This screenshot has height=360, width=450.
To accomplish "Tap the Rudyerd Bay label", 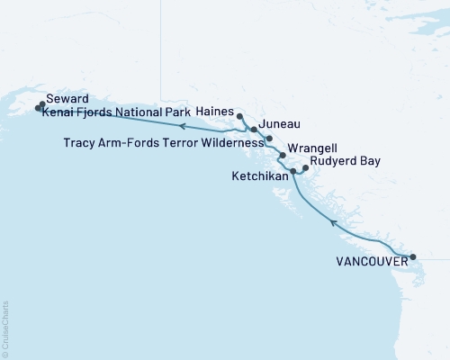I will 344,162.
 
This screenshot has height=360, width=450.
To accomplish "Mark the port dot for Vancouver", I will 413,257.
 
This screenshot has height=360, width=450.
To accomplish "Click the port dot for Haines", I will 239,116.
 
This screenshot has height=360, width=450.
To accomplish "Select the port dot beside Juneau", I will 254,130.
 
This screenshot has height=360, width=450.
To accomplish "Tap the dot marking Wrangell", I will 283,156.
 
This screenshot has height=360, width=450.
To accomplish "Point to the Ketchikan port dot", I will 293,170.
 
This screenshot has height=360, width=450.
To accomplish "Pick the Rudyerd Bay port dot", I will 305,167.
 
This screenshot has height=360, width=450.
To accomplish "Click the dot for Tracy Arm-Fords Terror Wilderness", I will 269,139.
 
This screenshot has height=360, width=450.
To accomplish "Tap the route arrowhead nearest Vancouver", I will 333,221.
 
